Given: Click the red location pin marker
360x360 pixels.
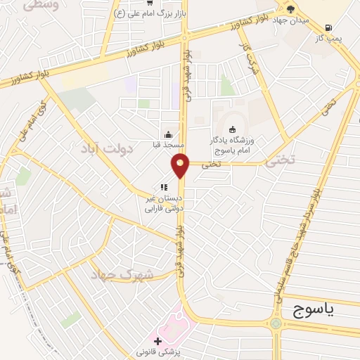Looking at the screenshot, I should point(181,165).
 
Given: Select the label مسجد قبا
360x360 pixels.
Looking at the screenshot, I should point(169,145).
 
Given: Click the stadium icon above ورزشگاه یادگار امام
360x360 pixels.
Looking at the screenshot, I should point(232,129).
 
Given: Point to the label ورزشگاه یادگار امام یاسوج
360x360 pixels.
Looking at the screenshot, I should point(234,146).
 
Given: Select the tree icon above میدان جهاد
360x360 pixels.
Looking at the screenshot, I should point(291,8).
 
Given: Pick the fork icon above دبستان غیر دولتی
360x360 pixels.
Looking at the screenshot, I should point(163,187).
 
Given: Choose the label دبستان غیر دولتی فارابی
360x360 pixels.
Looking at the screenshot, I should point(163,202).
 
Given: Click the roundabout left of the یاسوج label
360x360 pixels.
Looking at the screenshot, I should point(276,323).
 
